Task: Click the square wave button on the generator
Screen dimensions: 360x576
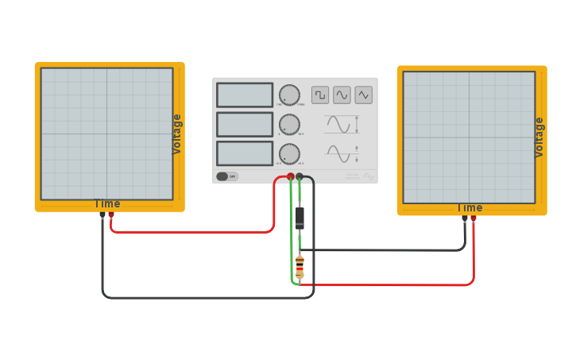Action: pos(320,95)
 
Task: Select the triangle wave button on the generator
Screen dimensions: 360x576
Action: pos(364,95)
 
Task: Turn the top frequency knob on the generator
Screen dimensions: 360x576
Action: pos(289,95)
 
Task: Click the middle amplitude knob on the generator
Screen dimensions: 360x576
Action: pos(289,125)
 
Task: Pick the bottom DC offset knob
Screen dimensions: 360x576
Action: pos(289,153)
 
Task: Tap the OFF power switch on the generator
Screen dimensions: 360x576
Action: pos(226,176)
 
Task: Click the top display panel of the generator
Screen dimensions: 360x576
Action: pos(245,95)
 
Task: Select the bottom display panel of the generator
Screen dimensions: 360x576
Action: pos(245,153)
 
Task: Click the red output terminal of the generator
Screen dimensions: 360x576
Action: pos(291,176)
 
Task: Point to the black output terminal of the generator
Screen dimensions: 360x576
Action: pos(300,176)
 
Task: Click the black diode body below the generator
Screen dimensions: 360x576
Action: pos(300,217)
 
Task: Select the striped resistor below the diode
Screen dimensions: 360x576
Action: pos(300,267)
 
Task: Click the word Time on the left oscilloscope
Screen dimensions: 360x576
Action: pos(107,203)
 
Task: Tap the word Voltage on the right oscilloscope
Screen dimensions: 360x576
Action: pos(539,137)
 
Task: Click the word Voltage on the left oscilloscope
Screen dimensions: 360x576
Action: pos(177,134)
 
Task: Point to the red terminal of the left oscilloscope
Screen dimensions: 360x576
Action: pos(111,215)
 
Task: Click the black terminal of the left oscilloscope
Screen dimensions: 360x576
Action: pos(102,215)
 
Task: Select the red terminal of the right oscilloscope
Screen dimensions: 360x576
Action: pos(474,218)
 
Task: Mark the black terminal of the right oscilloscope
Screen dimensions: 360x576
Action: pos(465,218)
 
